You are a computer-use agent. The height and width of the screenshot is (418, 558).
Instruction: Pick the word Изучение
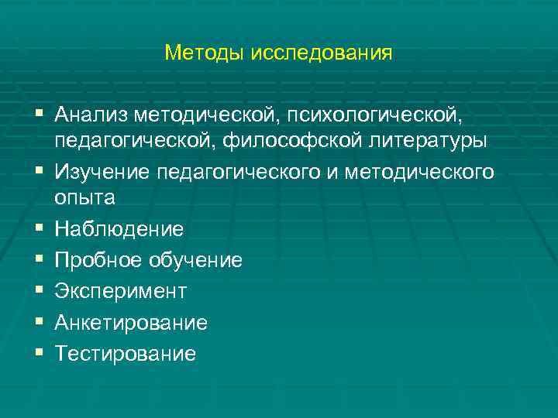(102, 171)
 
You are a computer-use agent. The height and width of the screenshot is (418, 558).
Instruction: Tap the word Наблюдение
(119, 229)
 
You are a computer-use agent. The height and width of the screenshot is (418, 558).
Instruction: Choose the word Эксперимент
(120, 292)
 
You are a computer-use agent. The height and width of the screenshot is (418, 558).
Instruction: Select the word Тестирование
(126, 355)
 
